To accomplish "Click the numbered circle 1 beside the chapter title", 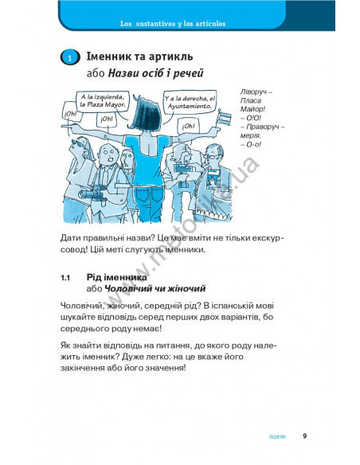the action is click(70, 57).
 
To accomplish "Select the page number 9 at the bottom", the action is click(304, 436).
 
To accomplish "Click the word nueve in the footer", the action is click(277, 436).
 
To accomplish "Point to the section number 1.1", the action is click(65, 278).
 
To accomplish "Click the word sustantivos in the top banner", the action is click(155, 24).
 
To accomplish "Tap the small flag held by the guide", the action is click(225, 118).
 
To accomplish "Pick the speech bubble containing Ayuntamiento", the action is click(190, 102).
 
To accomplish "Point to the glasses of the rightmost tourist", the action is click(214, 156).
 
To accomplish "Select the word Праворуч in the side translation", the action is click(263, 127).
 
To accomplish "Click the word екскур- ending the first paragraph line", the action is click(268, 238).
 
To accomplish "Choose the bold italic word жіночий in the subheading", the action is click(186, 288).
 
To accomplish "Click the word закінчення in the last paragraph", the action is click(80, 368).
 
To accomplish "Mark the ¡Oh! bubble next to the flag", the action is click(188, 127).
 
